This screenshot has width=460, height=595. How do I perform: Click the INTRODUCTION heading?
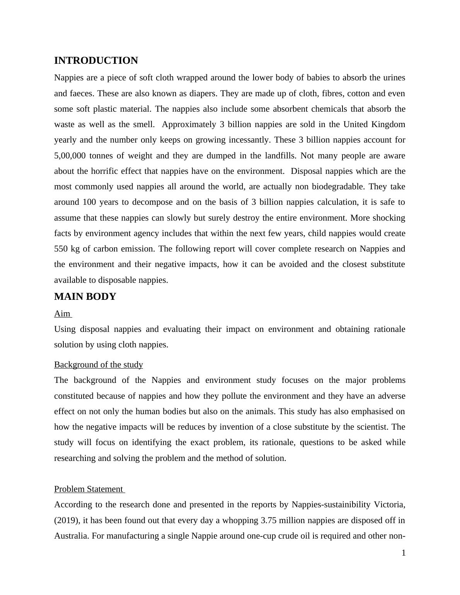tap(96, 61)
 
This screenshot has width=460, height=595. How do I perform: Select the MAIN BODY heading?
tap(85, 297)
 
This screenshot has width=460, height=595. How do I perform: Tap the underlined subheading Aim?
tap(62, 314)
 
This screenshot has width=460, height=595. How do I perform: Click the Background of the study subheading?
tap(99, 365)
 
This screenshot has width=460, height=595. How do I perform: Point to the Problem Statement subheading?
tap(89, 489)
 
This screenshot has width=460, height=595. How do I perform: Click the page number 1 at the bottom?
tap(404, 553)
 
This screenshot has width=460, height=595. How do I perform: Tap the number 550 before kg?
tap(61, 249)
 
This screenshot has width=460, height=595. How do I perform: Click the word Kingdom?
tap(388, 124)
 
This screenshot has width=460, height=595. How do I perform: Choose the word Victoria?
tap(389, 505)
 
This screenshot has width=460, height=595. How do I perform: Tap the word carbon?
tap(106, 249)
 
